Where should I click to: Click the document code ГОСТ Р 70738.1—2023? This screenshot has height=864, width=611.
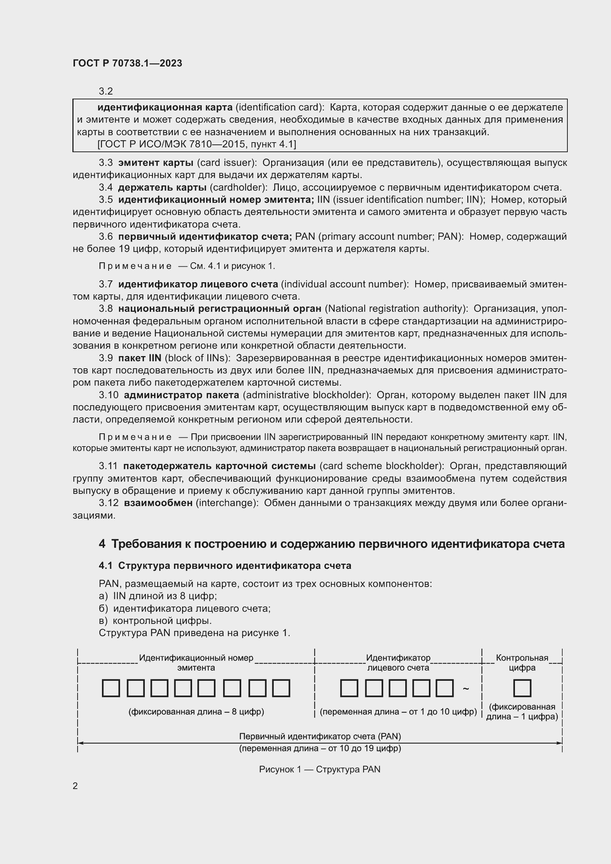click(x=127, y=63)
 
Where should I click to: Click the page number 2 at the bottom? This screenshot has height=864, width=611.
click(x=75, y=786)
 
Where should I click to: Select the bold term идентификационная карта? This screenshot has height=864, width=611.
click(x=165, y=107)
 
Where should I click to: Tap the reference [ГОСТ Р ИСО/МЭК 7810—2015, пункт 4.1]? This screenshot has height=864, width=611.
click(x=197, y=144)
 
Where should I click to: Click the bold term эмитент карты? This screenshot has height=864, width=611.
click(x=156, y=163)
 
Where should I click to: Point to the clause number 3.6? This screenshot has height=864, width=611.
click(x=106, y=236)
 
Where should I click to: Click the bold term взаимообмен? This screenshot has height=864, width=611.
click(x=158, y=503)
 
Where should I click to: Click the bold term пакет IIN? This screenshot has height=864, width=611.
click(x=140, y=358)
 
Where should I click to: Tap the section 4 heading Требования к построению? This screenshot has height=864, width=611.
click(x=331, y=544)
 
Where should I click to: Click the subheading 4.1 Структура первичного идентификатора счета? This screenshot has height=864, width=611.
click(x=225, y=566)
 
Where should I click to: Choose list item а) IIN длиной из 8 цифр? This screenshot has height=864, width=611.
click(x=158, y=596)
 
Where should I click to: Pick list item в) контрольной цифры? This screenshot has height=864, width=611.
click(x=155, y=621)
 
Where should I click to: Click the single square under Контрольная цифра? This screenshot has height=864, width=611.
click(x=522, y=688)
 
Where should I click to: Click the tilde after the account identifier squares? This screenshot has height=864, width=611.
click(x=466, y=688)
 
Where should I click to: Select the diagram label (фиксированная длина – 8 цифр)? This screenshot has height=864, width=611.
click(x=197, y=711)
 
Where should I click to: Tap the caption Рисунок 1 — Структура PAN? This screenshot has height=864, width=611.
click(x=320, y=769)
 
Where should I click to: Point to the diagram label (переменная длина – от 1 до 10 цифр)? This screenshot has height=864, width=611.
click(x=398, y=711)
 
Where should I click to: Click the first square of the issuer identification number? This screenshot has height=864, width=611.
click(x=111, y=688)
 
